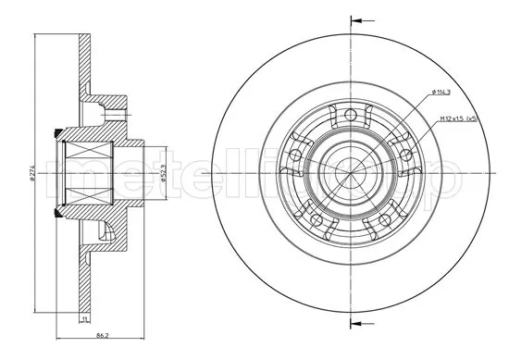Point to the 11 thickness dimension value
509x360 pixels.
tap(84, 319)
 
